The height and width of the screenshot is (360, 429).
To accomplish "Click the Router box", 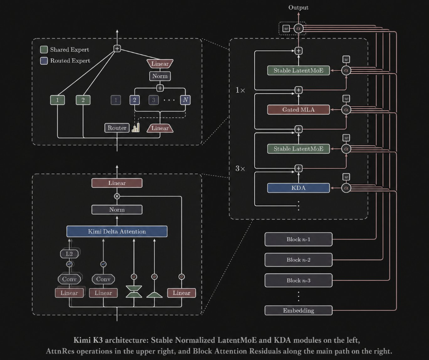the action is point(117,128).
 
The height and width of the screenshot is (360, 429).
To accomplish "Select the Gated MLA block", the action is point(298,110).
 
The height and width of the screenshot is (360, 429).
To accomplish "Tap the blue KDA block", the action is point(298,188).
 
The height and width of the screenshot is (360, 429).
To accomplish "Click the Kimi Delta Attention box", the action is point(117,231).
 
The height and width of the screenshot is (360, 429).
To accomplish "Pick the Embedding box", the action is point(299,311).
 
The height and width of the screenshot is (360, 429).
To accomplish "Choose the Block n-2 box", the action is point(299,260).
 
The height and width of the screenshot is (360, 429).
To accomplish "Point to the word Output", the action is point(298,7).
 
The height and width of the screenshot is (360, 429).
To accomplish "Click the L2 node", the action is point(69,254).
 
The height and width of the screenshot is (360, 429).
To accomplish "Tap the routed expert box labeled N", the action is point(185,100).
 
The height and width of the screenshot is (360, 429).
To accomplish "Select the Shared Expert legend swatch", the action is point(44,49).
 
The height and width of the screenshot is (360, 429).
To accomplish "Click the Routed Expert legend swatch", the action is point(44,61).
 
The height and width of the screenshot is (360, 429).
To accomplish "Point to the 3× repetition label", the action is point(240,168).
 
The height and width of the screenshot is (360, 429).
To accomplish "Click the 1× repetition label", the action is point(240,90).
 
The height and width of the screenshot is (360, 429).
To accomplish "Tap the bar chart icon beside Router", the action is point(136,128).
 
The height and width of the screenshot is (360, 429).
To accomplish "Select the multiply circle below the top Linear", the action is point(117,196).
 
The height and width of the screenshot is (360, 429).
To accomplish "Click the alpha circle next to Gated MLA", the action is point(346,110).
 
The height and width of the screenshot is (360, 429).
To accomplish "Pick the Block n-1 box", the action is point(299,240).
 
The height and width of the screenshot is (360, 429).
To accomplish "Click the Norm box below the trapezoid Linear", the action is point(160,76).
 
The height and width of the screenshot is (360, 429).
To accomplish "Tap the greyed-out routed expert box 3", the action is point(154,100).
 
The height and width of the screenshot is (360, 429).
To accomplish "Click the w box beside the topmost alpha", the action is point(286,28).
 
